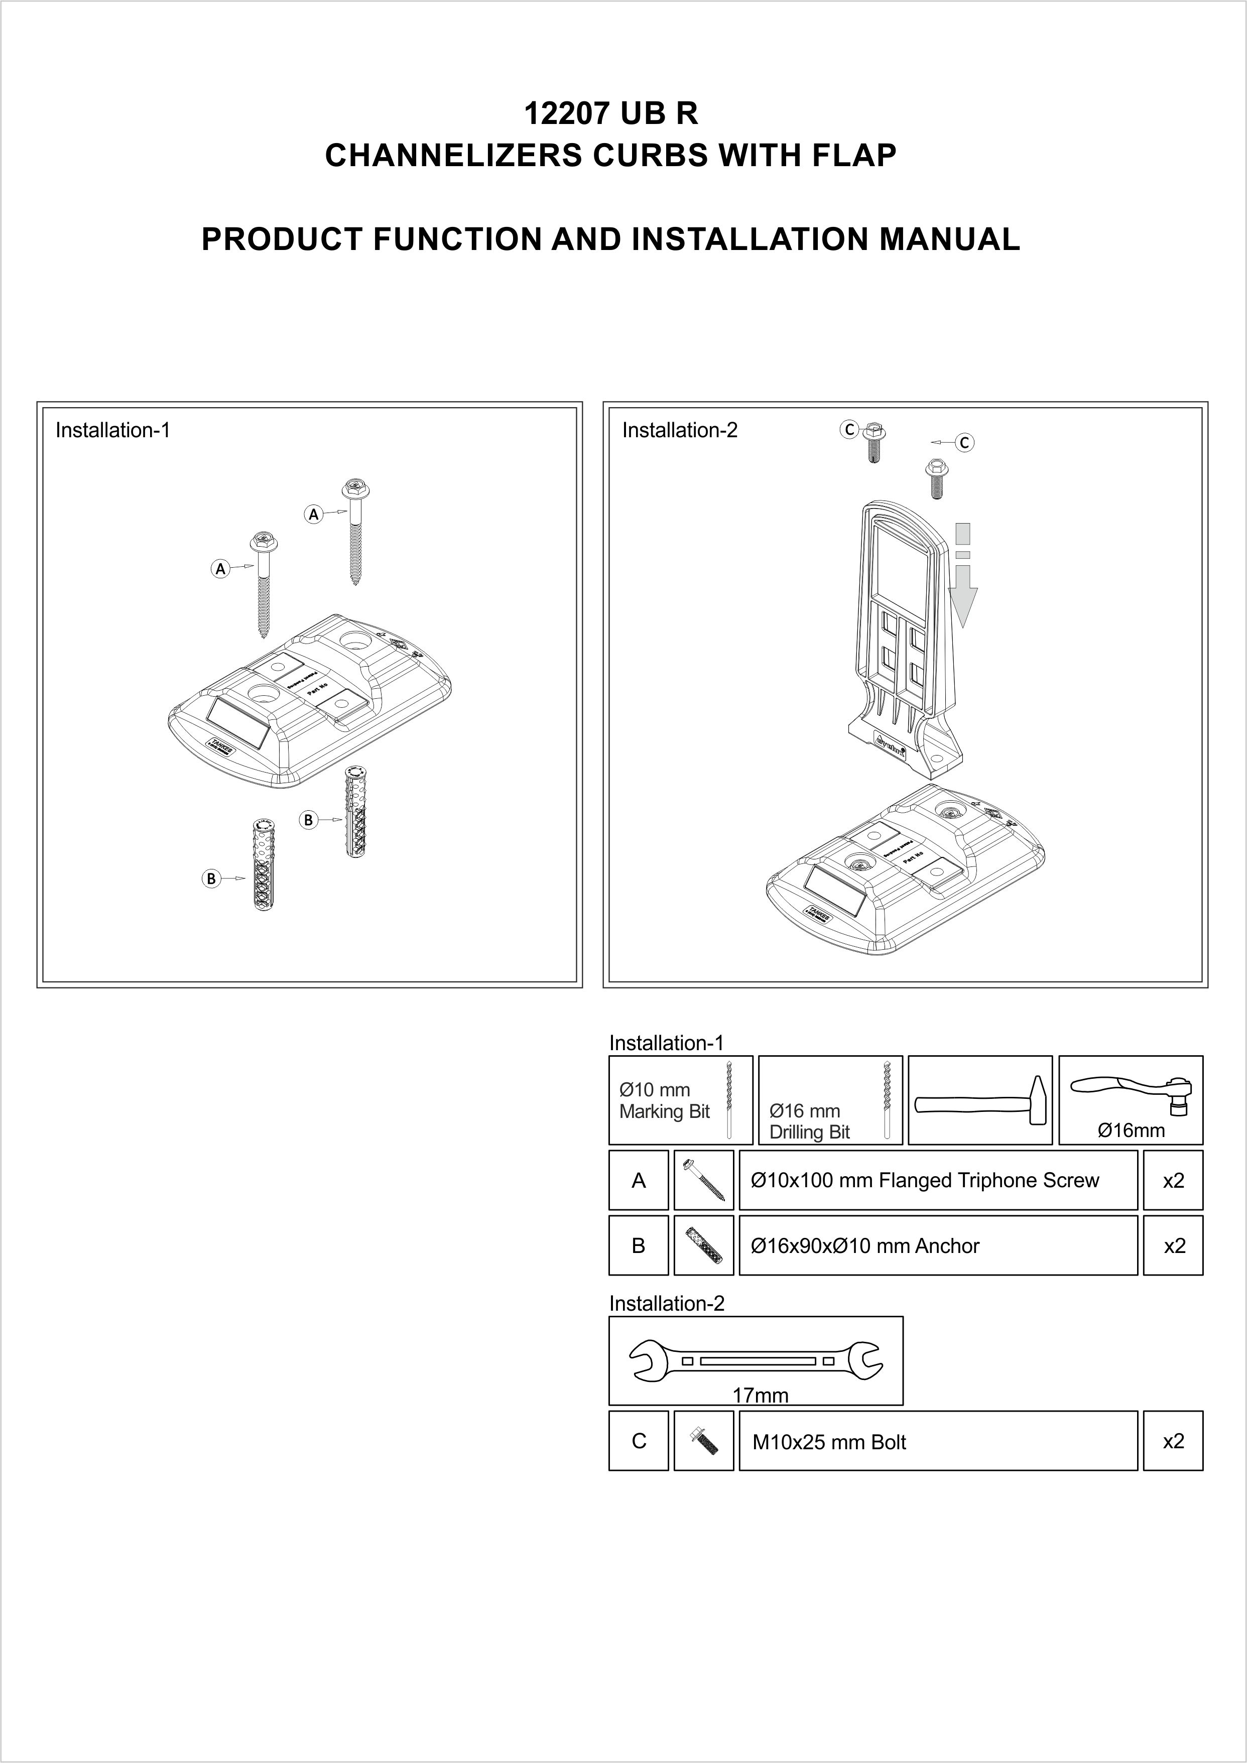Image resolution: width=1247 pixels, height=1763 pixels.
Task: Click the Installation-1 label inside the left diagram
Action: [112, 430]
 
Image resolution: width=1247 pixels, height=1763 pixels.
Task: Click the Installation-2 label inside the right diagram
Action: [680, 431]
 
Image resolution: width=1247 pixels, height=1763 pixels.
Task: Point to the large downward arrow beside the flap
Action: [963, 576]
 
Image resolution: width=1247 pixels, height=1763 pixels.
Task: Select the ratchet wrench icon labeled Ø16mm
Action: [1131, 1095]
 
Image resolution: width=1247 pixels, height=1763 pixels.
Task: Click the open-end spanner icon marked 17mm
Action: [756, 1361]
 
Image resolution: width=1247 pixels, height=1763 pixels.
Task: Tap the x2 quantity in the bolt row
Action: [1173, 1441]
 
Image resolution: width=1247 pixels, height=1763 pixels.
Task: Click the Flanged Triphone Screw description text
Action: [925, 1180]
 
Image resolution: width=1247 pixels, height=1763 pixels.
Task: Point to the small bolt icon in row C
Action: [703, 1441]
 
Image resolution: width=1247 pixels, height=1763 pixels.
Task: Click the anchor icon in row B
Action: [703, 1245]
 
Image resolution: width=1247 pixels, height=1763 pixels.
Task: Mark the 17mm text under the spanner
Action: [760, 1395]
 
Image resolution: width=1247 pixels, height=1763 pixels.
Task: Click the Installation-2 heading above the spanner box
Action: [667, 1303]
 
